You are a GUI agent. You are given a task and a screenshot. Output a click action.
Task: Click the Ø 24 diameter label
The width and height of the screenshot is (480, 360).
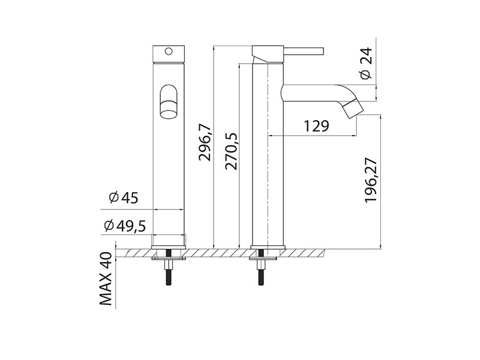tap(367, 65)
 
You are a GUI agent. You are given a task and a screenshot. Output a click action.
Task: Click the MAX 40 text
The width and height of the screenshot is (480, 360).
tap(107, 280)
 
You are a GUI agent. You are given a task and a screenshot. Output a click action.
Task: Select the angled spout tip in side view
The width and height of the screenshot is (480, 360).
tap(352, 108)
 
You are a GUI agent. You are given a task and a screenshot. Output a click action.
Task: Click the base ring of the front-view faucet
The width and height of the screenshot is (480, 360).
tap(169, 246)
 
